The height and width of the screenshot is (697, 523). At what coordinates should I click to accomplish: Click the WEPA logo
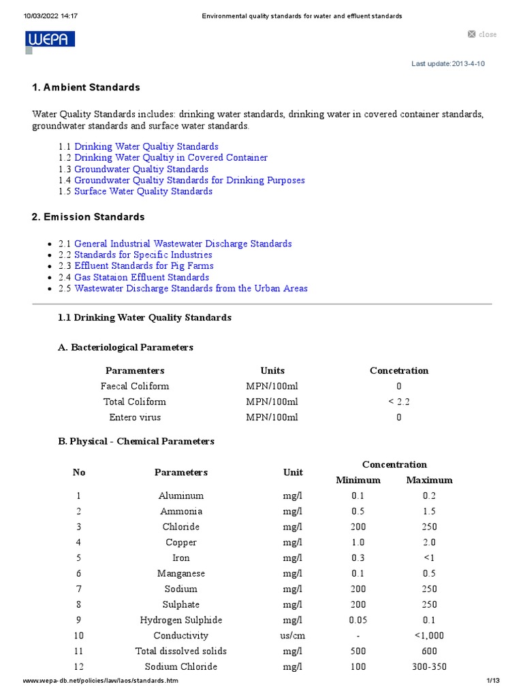(50, 39)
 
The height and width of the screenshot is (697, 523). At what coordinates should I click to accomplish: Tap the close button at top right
(482, 34)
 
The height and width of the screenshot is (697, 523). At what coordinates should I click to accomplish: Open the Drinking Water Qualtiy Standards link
(146, 146)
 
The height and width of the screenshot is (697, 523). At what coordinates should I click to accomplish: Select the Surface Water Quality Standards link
(143, 191)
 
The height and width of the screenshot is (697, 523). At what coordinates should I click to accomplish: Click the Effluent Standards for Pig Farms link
(144, 265)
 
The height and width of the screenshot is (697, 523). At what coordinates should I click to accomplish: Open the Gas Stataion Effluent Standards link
(142, 277)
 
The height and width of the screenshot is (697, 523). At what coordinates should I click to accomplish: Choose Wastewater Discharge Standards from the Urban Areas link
(191, 288)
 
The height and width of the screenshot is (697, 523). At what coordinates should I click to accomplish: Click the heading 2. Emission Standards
(88, 216)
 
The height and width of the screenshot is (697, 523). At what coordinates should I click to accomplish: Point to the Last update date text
(448, 63)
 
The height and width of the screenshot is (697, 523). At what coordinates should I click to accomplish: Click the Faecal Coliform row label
(135, 386)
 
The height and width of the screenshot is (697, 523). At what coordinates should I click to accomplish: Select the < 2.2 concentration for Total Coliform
(399, 402)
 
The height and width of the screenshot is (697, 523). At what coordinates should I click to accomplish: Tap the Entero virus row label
(135, 417)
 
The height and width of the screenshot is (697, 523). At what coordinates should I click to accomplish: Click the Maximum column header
(429, 480)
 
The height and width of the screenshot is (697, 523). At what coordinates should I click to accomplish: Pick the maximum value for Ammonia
(429, 511)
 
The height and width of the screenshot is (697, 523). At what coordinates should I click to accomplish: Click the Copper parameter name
(181, 542)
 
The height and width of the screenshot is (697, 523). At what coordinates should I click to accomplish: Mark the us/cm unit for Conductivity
(293, 635)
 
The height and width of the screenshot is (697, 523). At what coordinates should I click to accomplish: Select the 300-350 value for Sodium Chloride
(429, 666)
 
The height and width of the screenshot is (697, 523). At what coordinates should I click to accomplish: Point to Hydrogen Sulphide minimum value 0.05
(358, 620)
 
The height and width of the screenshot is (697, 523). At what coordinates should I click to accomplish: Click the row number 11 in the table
(79, 651)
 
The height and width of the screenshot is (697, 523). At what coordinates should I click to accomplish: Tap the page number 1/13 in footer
(493, 681)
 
